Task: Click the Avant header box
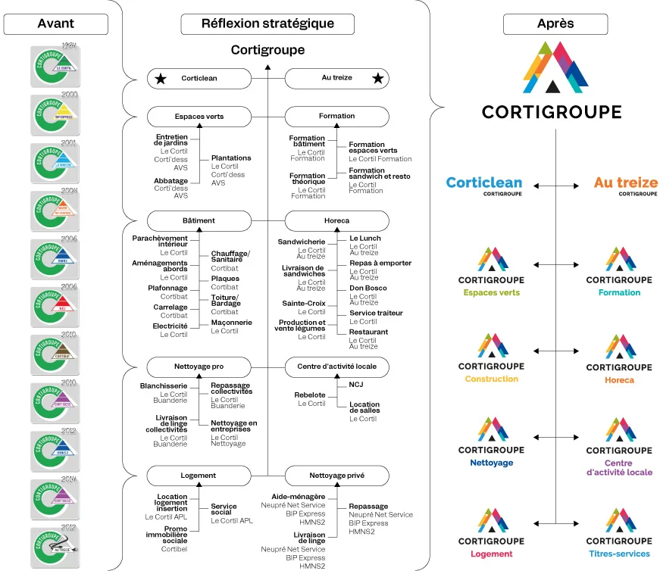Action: pos(55,23)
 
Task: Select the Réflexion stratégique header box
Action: pos(267,23)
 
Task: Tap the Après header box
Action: pos(555,23)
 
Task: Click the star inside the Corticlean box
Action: pos(160,78)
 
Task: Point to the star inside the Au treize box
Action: pos(377,78)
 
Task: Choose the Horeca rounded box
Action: pos(336,220)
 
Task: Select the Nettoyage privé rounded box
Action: pos(336,476)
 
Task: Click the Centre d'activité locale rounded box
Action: pos(336,367)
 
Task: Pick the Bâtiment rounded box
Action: pos(199,220)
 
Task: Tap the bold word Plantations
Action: pos(230,158)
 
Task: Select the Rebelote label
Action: pos(310,395)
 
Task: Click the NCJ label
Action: pos(356,385)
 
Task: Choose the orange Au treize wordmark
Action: pos(625,183)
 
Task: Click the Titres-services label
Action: pos(618,554)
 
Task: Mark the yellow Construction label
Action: pos(491,379)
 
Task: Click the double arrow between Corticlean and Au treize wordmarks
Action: pos(555,185)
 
